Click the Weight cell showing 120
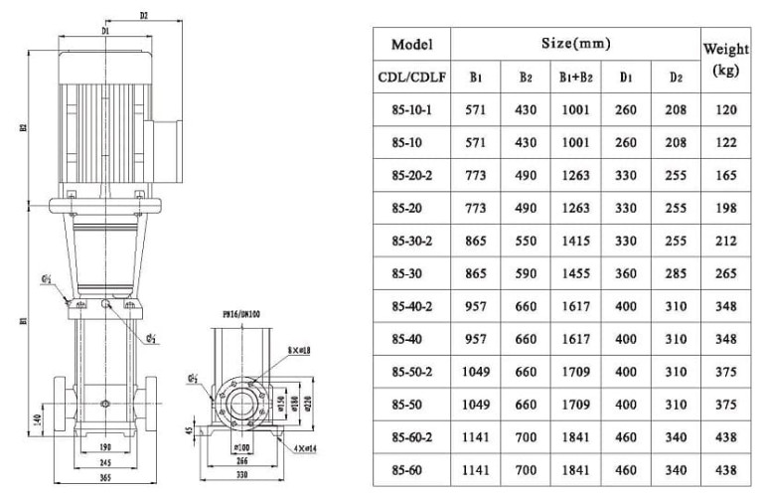725,110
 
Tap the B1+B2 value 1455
576,272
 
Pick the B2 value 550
526,240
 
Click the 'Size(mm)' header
575,44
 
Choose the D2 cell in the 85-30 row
676,272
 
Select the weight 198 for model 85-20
725,207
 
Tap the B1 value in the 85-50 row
476,403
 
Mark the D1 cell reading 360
626,272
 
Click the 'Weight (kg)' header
725,59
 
